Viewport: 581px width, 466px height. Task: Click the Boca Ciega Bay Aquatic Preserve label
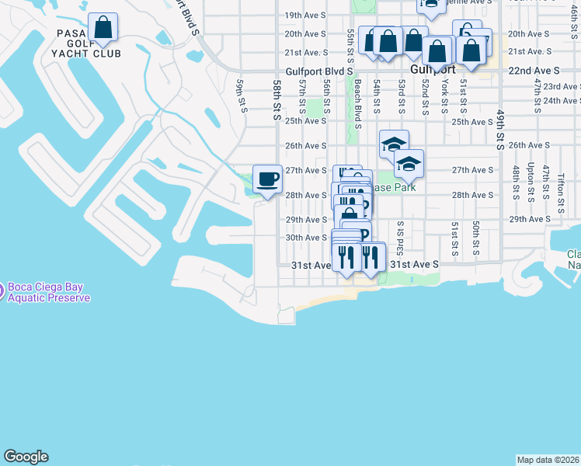[49, 293]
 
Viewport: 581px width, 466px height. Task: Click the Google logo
[26, 457]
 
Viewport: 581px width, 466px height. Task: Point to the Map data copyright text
[548, 460]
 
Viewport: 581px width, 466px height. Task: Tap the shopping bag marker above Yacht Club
[103, 29]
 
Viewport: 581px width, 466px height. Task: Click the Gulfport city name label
[432, 69]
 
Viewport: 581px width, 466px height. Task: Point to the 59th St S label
[242, 96]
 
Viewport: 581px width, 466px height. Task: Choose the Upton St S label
[531, 178]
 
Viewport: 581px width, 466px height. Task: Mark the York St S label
[445, 95]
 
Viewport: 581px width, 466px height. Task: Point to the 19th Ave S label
[304, 16]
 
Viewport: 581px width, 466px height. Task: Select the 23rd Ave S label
[561, 87]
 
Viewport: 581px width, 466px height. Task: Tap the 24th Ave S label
[561, 101]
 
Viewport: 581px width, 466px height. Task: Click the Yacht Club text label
[96, 54]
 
